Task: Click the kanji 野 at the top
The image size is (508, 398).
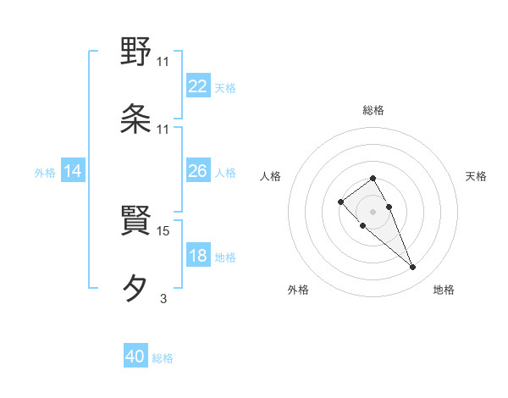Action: click(x=136, y=53)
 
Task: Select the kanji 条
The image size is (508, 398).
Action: click(x=136, y=118)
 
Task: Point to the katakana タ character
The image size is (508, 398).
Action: click(x=136, y=288)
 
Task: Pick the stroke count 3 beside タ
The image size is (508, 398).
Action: click(x=163, y=297)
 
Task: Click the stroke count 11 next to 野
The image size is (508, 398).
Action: click(x=163, y=61)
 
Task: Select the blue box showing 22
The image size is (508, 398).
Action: click(x=198, y=86)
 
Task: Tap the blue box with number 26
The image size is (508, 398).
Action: click(x=198, y=171)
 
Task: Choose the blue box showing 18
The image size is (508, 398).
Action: click(x=198, y=256)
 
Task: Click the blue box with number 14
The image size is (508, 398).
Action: click(x=73, y=171)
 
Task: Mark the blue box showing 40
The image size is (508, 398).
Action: click(x=135, y=357)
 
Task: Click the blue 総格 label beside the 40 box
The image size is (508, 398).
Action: click(x=163, y=358)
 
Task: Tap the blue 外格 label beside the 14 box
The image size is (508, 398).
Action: click(x=45, y=173)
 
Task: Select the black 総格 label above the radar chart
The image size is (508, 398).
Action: click(x=373, y=110)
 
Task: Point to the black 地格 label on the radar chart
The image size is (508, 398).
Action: click(x=444, y=290)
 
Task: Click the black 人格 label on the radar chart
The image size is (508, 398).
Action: click(x=270, y=176)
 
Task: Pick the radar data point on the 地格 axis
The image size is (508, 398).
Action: click(x=413, y=268)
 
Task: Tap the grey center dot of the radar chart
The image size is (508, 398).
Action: click(x=373, y=211)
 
